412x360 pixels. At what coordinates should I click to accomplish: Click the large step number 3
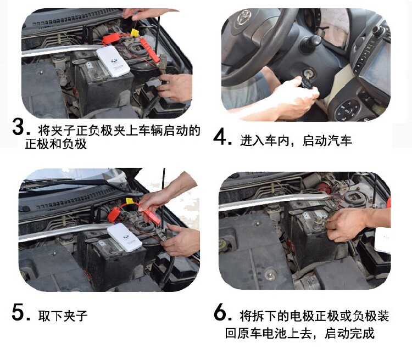(19, 127)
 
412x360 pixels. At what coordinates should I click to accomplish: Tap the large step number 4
(220, 137)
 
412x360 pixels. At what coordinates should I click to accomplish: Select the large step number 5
(18, 312)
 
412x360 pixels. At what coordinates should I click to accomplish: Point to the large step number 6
(220, 312)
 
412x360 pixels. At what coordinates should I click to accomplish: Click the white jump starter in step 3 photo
(113, 61)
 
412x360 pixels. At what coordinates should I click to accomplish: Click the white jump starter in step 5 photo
(124, 238)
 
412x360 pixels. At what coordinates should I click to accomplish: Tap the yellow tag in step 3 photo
(135, 33)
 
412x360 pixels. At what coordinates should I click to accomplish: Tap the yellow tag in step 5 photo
(130, 201)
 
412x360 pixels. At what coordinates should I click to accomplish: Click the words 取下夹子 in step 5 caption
(63, 316)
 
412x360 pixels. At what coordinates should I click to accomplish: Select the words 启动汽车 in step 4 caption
(327, 140)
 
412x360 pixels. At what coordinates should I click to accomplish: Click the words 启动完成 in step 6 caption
(349, 333)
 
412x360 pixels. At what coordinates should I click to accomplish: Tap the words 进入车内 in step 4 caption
(265, 140)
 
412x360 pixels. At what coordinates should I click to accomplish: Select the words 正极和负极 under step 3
(55, 144)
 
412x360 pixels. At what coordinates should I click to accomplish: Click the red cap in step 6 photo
(322, 187)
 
